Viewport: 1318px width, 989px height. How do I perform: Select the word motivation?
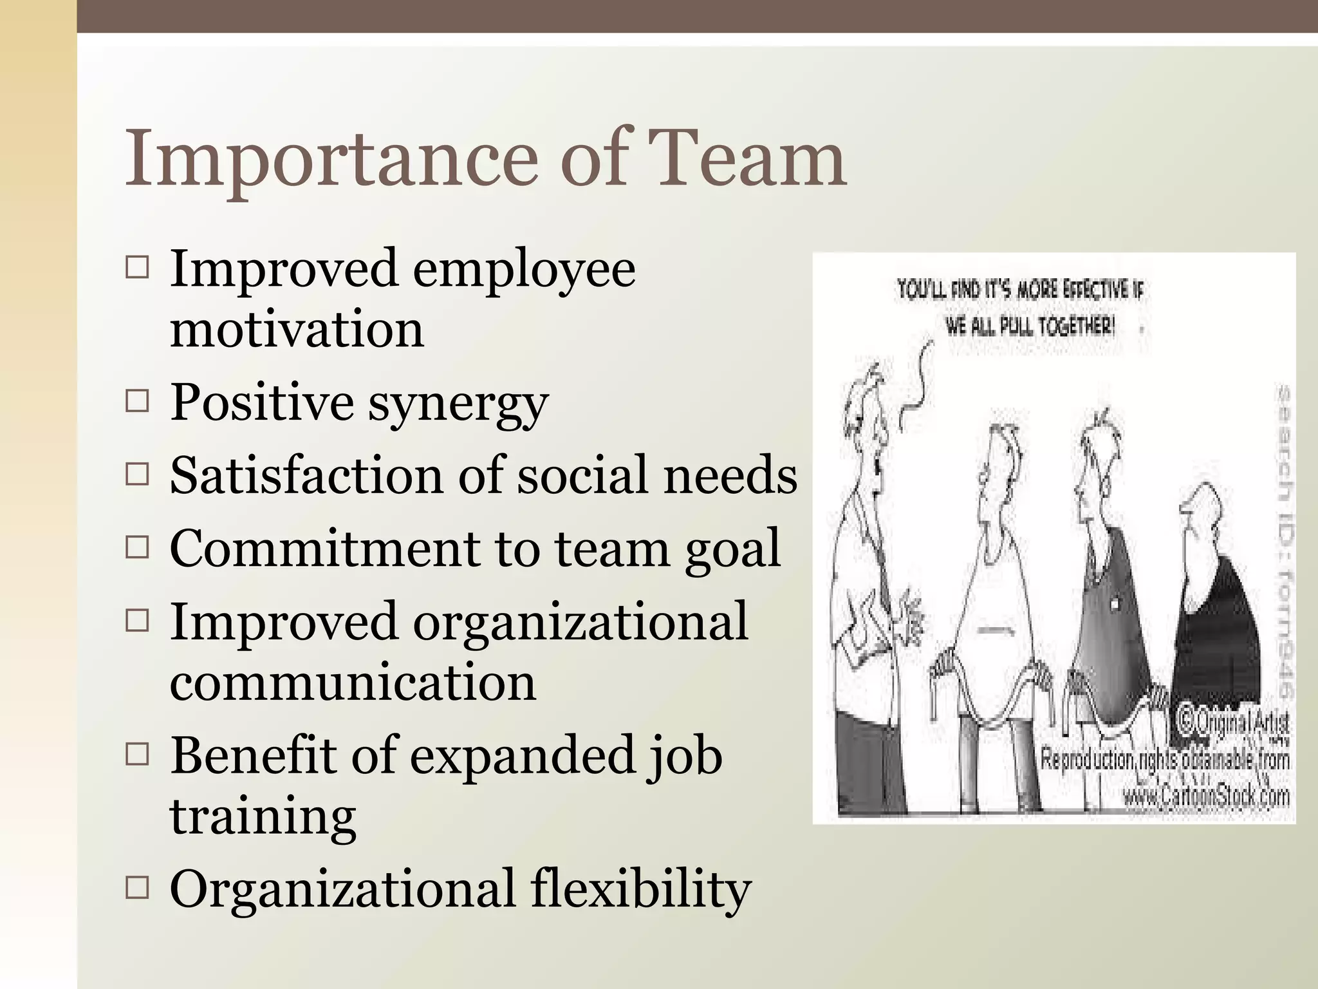[297, 329]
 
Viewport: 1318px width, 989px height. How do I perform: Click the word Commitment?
[322, 549]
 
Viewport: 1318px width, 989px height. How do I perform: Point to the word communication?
[353, 683]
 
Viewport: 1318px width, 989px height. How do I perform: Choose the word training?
[263, 816]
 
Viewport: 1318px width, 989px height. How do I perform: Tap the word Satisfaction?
[307, 475]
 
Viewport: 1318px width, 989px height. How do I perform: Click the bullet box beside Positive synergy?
[137, 402]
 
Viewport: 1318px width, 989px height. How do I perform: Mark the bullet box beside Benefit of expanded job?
[137, 755]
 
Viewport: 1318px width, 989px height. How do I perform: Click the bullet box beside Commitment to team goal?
[137, 548]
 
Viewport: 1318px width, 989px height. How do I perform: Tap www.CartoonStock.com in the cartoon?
[1206, 798]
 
